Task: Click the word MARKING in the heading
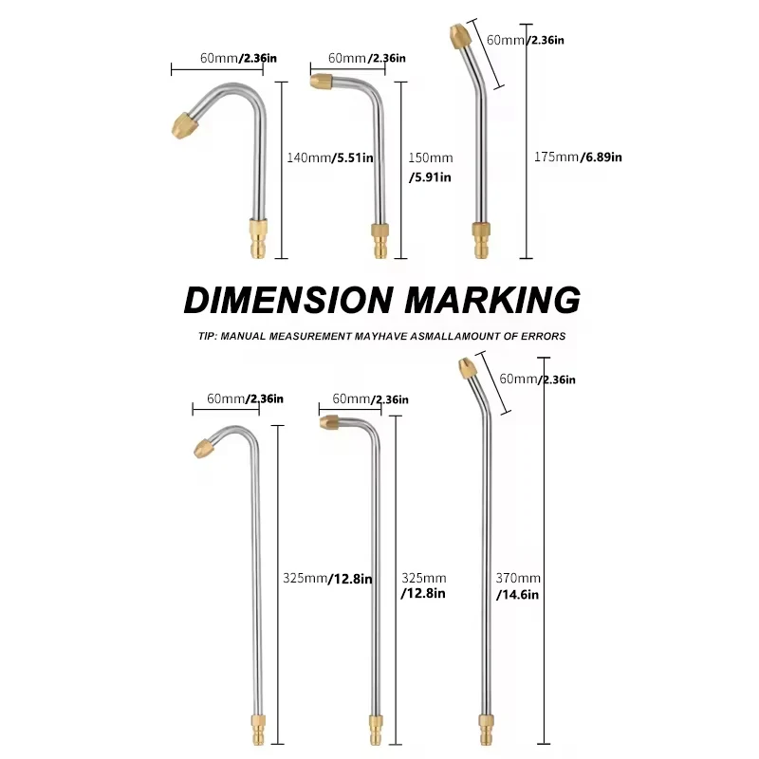492,299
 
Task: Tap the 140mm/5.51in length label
329,157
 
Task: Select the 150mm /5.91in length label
430,167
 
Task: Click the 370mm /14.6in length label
518,586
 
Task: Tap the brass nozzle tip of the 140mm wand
183,123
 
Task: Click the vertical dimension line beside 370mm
544,550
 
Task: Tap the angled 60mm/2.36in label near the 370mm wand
538,379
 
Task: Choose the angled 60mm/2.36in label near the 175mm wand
526,41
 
